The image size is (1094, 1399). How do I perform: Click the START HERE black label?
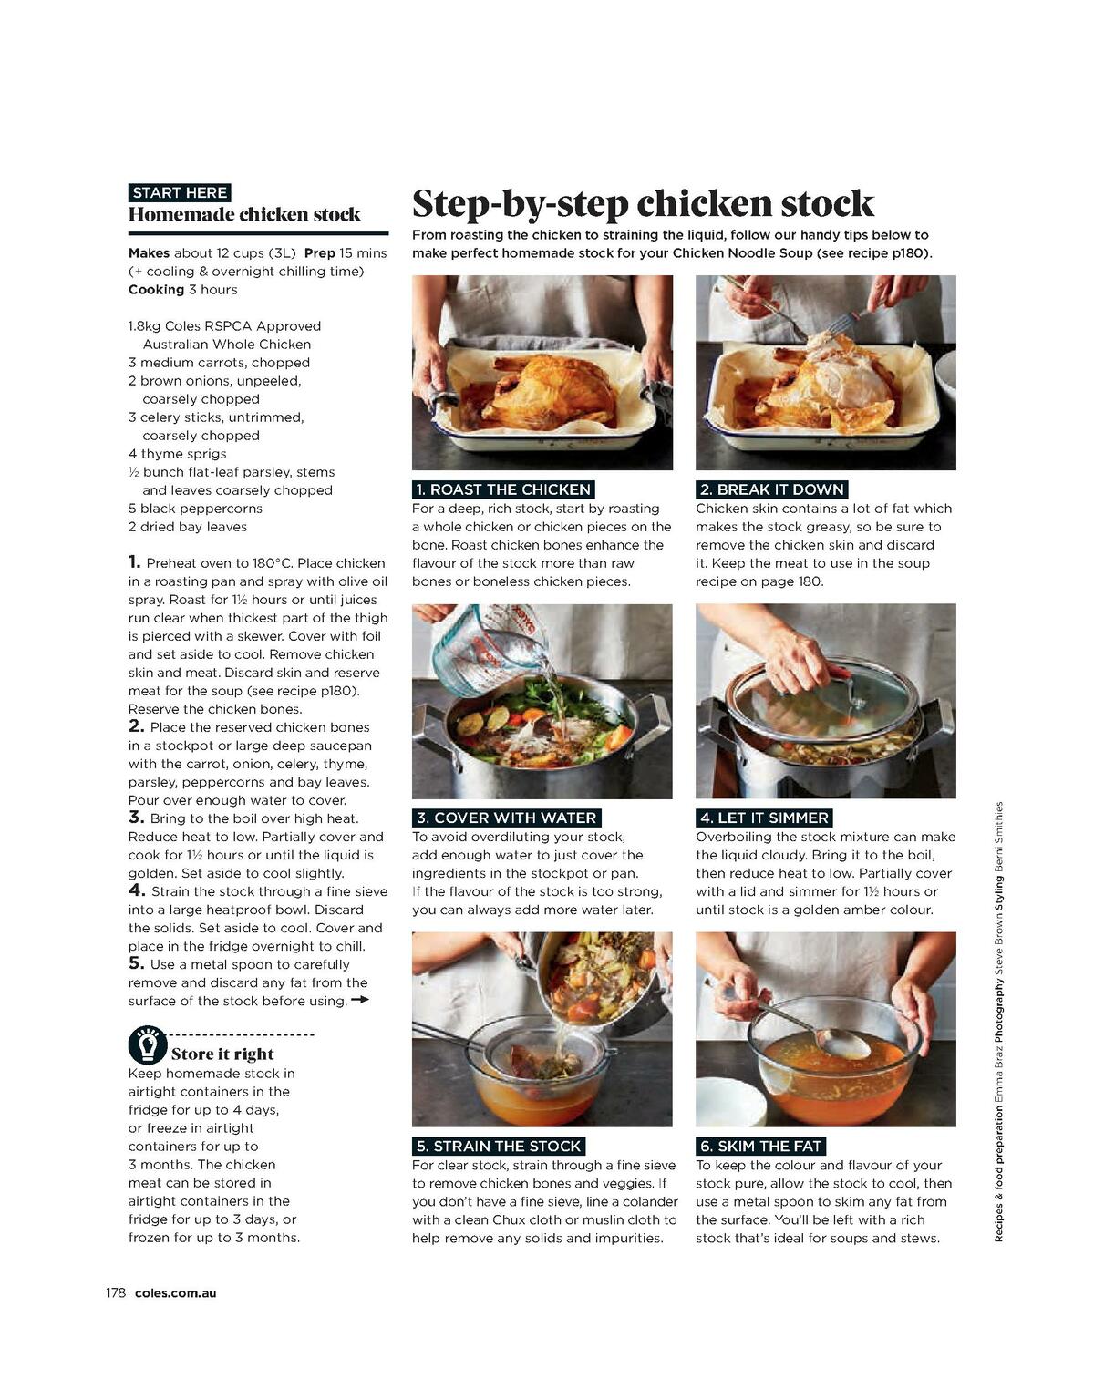click(x=180, y=192)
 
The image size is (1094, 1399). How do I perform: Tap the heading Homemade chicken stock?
click(x=244, y=215)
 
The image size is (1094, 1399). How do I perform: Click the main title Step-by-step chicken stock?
click(x=643, y=202)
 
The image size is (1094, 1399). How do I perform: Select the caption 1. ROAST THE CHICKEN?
click(x=502, y=489)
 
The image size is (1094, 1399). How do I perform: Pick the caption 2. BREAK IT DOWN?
click(x=771, y=489)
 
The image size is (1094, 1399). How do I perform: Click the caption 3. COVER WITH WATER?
click(x=506, y=818)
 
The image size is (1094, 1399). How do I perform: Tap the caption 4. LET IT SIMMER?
click(x=763, y=818)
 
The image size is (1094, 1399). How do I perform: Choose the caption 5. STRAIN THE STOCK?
click(x=498, y=1146)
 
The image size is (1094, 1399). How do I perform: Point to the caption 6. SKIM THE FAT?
click(x=760, y=1146)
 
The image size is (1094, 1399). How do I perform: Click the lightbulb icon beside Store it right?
click(x=147, y=1044)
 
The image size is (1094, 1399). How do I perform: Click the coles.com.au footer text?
click(x=175, y=1292)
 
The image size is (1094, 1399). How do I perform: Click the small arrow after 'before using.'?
click(x=359, y=1000)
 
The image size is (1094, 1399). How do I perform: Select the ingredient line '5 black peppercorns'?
click(x=195, y=509)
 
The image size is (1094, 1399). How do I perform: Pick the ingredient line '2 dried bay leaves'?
click(x=188, y=527)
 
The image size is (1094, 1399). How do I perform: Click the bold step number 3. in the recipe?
click(x=137, y=818)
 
